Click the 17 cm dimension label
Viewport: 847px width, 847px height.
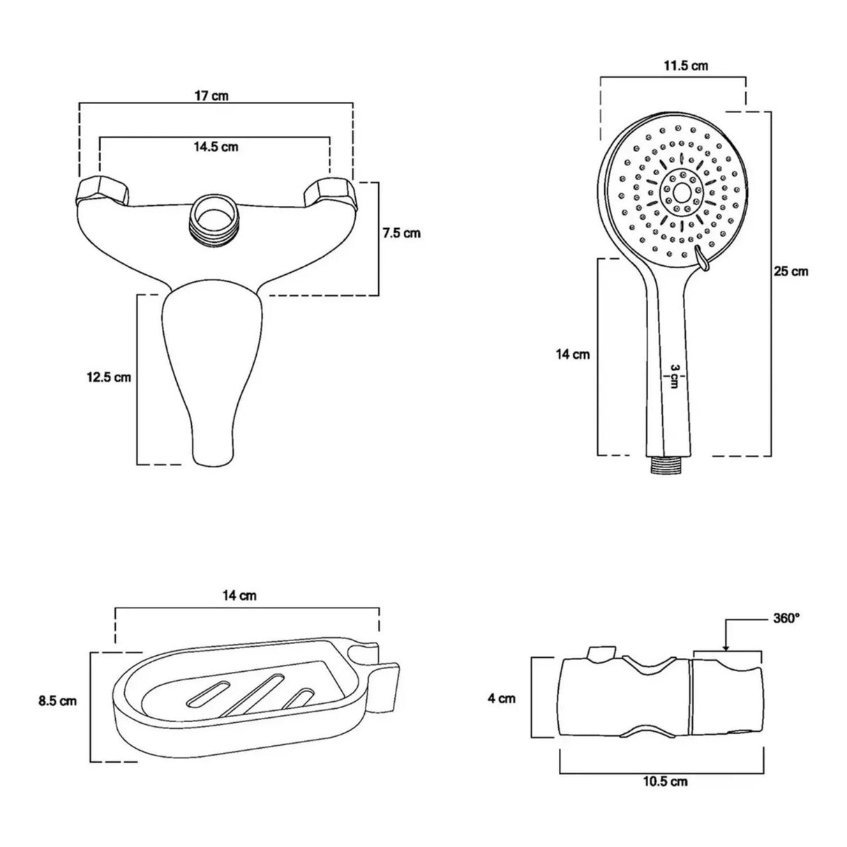click(212, 96)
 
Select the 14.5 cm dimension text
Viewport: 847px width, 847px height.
click(216, 147)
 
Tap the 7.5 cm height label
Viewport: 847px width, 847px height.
click(401, 233)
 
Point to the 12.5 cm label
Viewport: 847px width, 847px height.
click(109, 377)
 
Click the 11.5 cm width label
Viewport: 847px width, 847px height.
click(686, 66)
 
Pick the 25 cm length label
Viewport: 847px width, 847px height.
click(790, 271)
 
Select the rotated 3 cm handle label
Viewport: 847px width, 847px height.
click(674, 376)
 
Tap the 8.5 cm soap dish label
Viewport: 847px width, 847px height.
click(58, 700)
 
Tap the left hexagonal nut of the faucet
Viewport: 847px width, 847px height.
click(104, 189)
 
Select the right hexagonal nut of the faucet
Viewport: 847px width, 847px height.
click(329, 190)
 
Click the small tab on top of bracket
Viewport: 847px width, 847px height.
click(601, 653)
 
